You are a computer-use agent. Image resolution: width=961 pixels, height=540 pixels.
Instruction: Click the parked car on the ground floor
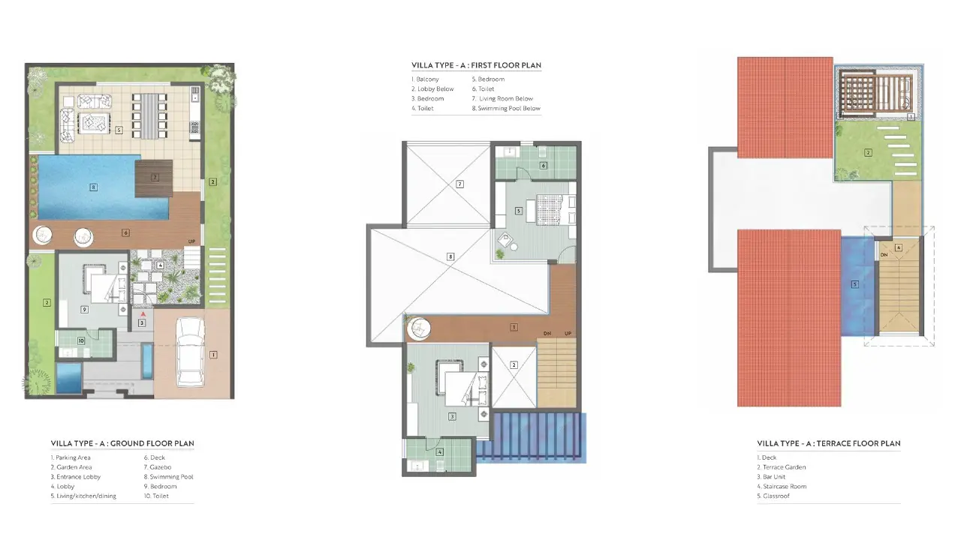191,352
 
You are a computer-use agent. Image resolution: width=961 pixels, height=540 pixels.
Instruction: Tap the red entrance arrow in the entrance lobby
143,314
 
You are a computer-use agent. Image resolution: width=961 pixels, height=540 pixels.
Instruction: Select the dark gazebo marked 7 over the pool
154,178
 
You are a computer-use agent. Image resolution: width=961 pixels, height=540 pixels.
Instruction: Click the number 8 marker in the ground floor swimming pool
93,187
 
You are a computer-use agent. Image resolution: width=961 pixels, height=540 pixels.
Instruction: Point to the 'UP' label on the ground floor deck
191,241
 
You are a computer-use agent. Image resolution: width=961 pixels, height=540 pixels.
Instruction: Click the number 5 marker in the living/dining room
119,130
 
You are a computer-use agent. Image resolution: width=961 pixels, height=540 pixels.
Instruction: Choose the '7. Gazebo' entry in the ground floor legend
158,467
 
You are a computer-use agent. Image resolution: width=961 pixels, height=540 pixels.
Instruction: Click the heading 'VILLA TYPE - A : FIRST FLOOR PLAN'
476,65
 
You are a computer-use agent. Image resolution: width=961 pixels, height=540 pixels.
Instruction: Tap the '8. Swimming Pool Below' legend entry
506,109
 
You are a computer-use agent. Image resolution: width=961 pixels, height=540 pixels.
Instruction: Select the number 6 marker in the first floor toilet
543,166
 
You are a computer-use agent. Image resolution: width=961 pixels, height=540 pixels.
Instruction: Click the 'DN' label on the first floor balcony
547,334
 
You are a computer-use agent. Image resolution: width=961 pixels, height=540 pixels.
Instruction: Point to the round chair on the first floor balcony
419,329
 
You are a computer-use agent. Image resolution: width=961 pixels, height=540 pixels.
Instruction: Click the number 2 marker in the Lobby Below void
514,365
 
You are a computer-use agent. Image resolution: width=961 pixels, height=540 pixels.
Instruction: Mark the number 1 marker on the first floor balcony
514,327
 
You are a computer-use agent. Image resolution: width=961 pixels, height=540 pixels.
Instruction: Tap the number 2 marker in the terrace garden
868,152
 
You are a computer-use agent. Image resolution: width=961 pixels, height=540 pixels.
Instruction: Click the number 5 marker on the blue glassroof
854,284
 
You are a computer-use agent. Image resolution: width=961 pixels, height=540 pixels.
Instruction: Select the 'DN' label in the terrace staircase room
884,255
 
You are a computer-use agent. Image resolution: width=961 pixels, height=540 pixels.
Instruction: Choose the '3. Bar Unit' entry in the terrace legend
771,476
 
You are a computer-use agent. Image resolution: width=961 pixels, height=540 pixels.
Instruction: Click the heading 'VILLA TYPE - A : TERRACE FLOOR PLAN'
828,443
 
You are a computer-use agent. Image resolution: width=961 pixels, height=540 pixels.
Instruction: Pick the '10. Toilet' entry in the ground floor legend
156,496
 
